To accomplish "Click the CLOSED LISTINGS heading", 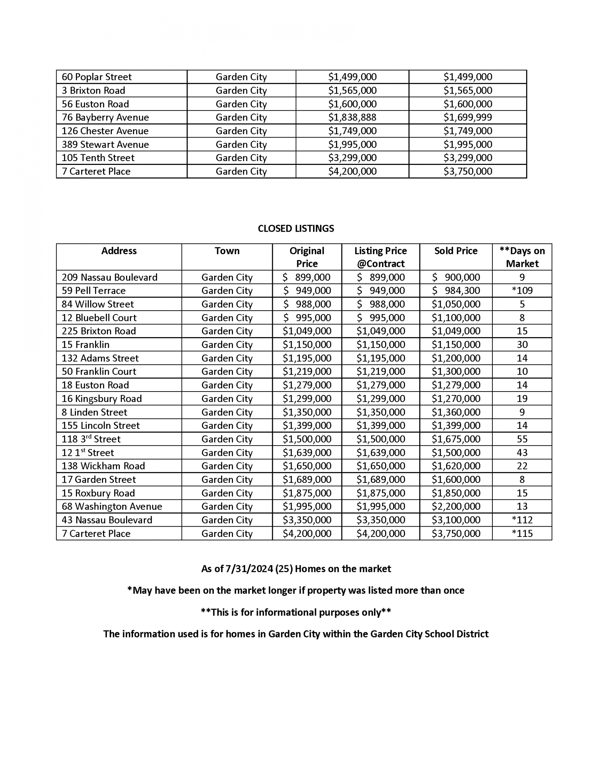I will coord(296,229).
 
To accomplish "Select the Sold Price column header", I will coord(456,251).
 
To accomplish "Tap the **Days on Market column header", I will coord(522,257).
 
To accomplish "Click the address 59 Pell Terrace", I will coord(93,291).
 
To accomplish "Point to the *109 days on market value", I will coord(522,291).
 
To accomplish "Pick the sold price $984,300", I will coord(456,291).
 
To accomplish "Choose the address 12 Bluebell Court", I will coord(99,318).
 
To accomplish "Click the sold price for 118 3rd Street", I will coord(456,439).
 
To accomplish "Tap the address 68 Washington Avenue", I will coord(112,506).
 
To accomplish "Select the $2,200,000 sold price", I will coord(456,506).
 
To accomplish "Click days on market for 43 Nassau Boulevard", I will coord(522,520).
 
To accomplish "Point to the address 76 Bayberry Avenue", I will coord(105,117).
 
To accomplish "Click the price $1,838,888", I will coord(352,117).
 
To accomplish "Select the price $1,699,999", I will coord(467,117).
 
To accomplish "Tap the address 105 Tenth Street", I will coord(98,158).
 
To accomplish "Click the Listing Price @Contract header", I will coord(380,257).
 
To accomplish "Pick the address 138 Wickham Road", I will coord(103,466).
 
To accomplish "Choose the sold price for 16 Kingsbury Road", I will coord(456,398).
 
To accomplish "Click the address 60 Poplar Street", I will coord(97,77).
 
